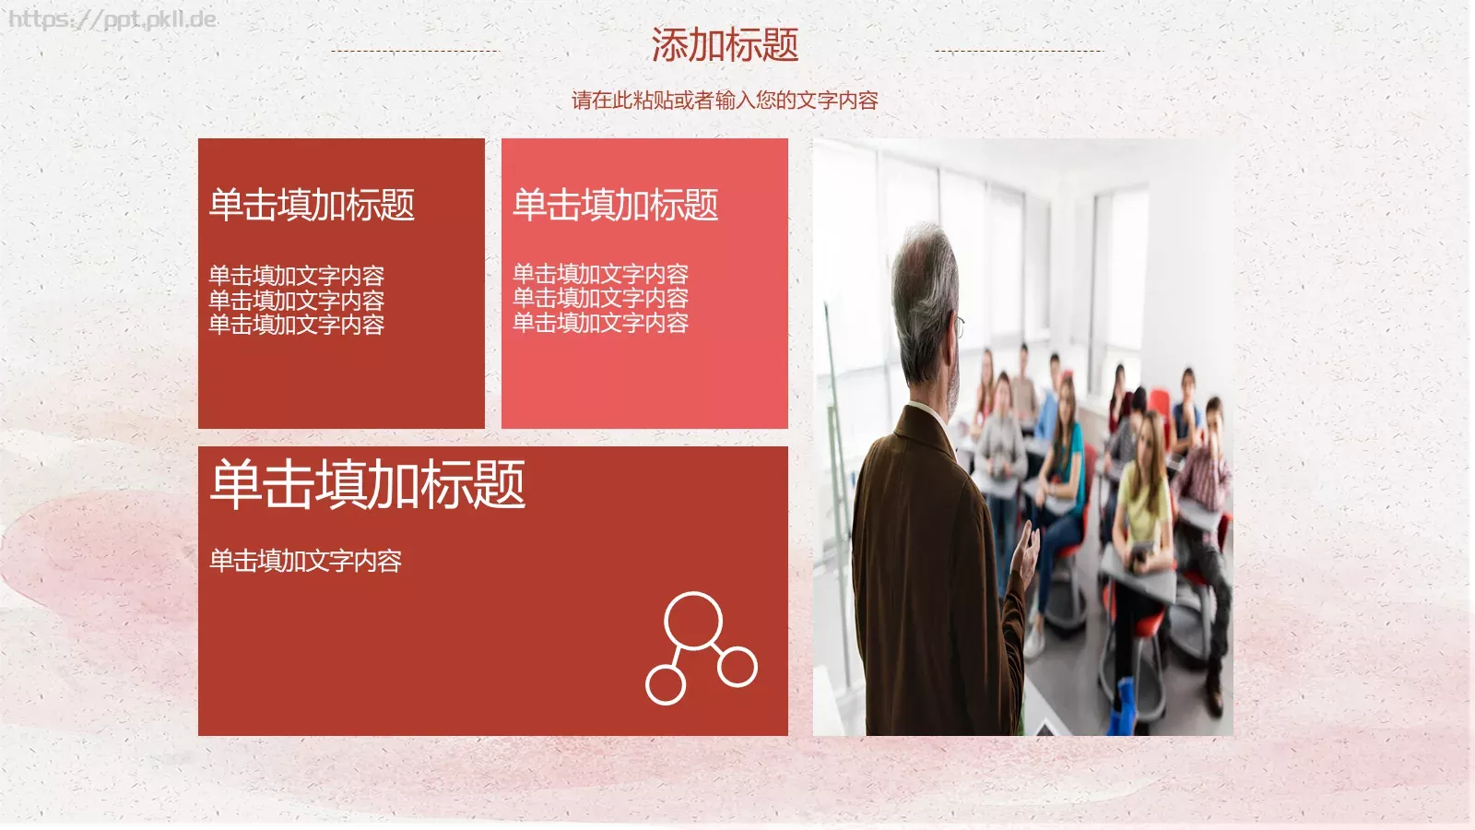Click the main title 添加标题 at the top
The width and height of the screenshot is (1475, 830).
click(x=725, y=44)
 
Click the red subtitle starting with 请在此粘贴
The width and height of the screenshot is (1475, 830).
click(x=725, y=100)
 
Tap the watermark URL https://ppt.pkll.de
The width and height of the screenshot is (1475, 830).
click(x=112, y=19)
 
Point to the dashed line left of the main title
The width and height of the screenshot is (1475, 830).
click(x=414, y=51)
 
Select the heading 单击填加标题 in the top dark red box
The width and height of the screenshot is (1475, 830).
click(x=312, y=205)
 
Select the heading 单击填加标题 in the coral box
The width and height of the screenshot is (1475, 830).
click(x=615, y=205)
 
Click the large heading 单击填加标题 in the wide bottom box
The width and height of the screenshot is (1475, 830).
click(x=368, y=485)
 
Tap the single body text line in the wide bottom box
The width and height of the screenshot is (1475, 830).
click(x=305, y=561)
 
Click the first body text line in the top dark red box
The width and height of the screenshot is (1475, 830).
click(x=296, y=275)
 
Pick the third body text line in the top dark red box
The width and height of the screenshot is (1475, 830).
click(x=296, y=325)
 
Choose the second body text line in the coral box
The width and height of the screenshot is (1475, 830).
click(x=600, y=298)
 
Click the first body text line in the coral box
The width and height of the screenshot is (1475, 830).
click(x=600, y=274)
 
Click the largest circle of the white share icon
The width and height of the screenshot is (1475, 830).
click(x=693, y=621)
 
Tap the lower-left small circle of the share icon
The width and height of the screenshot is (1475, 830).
click(x=666, y=684)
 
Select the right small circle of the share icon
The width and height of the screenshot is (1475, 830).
click(x=737, y=666)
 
